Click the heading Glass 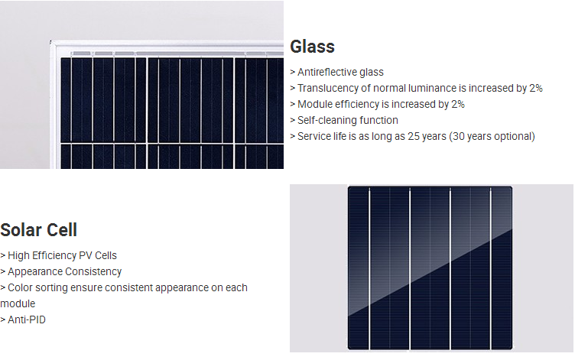click(312, 47)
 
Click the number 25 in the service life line click(414, 136)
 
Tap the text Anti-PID click(27, 319)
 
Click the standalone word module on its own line click(18, 303)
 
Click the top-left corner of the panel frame click(50, 41)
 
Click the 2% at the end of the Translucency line click(536, 88)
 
